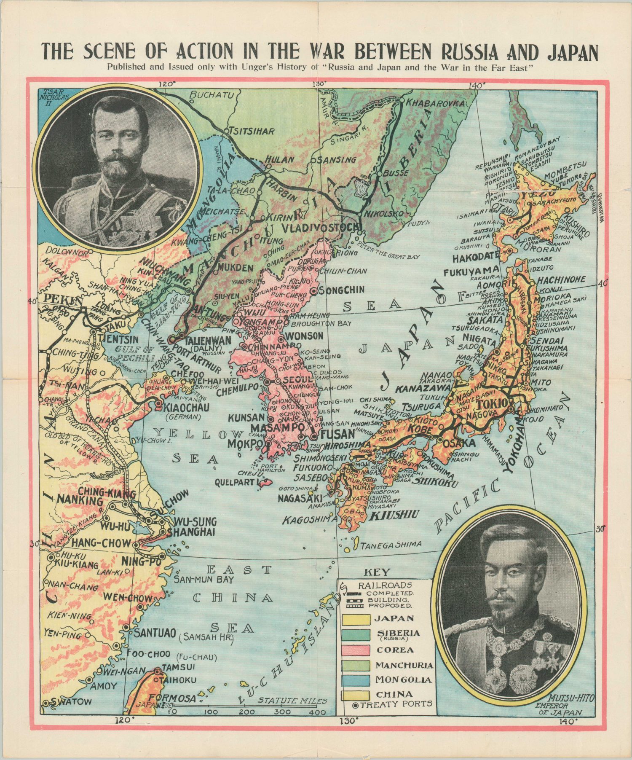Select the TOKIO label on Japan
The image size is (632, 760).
[x=492, y=403]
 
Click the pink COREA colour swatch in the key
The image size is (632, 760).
[x=356, y=650]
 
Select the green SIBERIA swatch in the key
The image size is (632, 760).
[x=356, y=634]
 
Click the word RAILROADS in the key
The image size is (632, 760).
[x=385, y=585]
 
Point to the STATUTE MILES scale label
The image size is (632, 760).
[x=292, y=701]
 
